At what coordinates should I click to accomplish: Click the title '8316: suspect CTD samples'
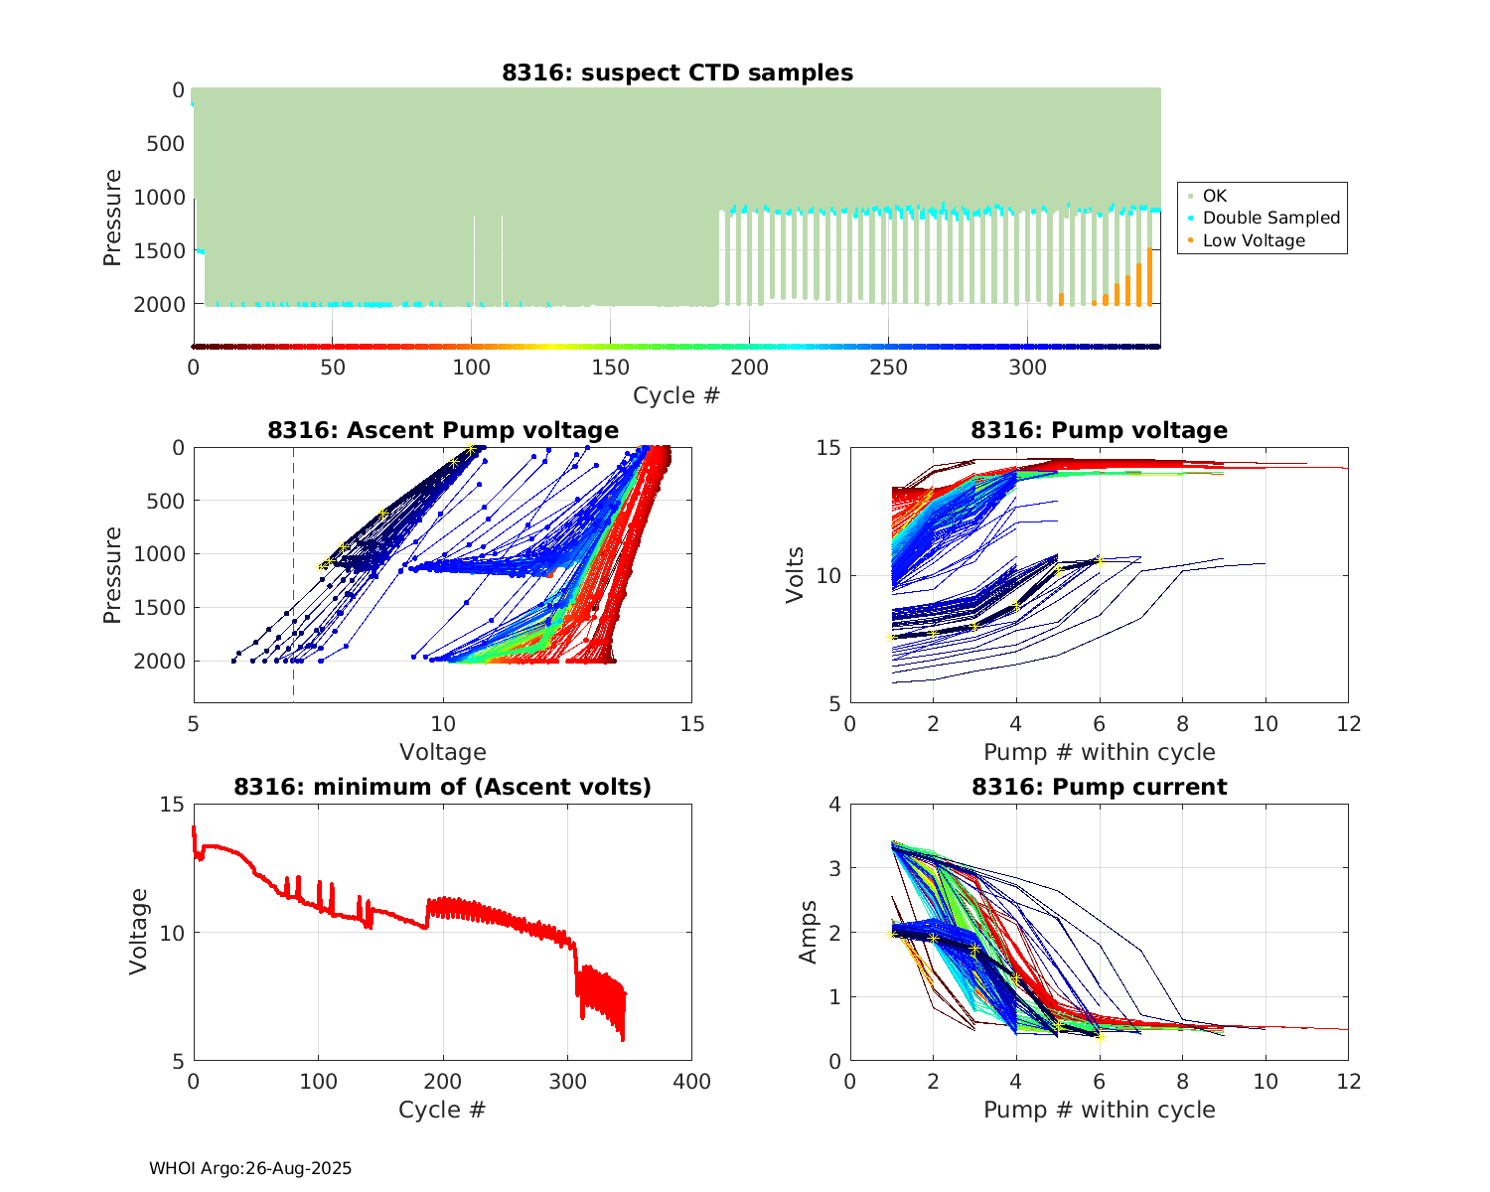(676, 73)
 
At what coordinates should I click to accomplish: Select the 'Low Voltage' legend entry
(1254, 240)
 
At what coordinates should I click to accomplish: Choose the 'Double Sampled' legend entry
(1270, 218)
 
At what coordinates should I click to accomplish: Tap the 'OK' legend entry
(1214, 196)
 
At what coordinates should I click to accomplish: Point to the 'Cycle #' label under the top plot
(676, 395)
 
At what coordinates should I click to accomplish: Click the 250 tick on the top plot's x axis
(888, 368)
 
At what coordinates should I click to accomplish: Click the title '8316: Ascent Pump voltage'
(443, 430)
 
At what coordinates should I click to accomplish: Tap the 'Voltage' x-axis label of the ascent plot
(443, 752)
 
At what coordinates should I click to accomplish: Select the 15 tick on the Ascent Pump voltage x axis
(692, 724)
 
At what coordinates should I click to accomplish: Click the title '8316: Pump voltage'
(1099, 430)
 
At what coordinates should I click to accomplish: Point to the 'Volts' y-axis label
(795, 575)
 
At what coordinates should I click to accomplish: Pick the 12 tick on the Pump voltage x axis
(1348, 724)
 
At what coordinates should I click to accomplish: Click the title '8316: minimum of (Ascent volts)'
(443, 787)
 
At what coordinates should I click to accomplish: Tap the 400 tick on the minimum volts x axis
(692, 1081)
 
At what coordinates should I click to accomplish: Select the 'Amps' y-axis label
(809, 932)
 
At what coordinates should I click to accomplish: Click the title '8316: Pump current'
(1099, 787)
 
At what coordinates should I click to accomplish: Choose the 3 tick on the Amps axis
(834, 868)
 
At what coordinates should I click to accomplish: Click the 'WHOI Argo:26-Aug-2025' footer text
(250, 1168)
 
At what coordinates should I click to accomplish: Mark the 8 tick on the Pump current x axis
(1182, 1081)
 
